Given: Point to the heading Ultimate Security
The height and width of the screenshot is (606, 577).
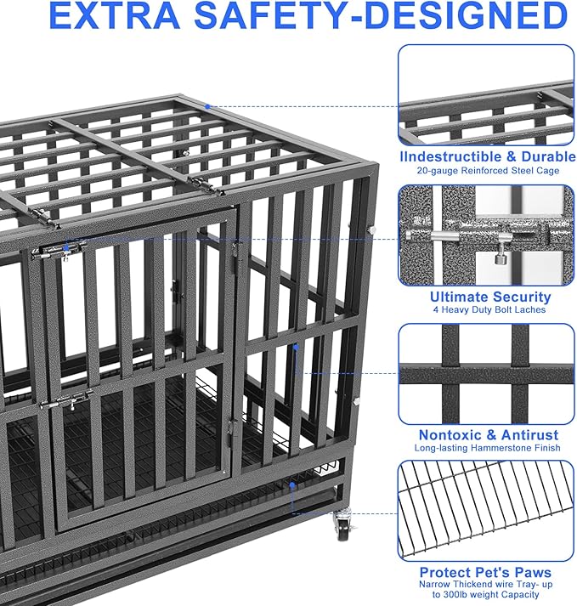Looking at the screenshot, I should pyautogui.click(x=490, y=297).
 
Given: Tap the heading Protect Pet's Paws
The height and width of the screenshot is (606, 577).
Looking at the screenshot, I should pyautogui.click(x=485, y=572).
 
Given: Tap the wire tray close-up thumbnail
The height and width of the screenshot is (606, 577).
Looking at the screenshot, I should pyautogui.click(x=485, y=510).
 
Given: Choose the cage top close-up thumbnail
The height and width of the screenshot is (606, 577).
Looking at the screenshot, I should pyautogui.click(x=485, y=95).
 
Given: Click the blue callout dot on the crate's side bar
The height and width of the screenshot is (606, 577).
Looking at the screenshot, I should pyautogui.click(x=296, y=347).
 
